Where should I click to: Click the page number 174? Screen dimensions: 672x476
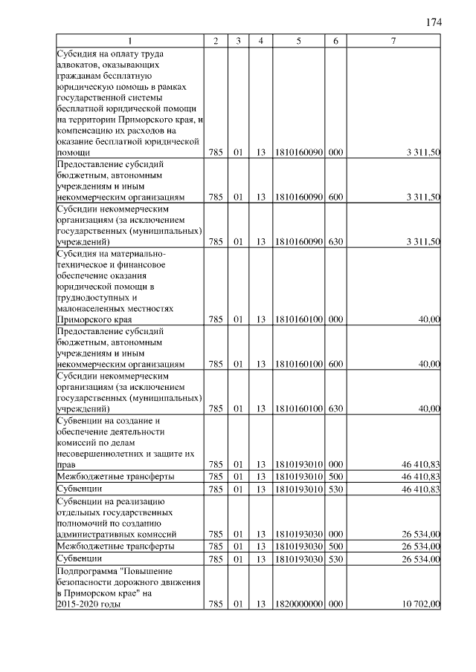[x=434, y=22]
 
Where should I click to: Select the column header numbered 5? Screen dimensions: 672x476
[x=297, y=42]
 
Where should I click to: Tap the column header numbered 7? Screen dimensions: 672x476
[x=393, y=42]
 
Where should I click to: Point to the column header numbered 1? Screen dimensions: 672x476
[x=129, y=42]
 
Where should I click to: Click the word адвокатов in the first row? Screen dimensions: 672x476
[x=77, y=65]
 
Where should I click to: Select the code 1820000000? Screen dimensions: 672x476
[x=297, y=605]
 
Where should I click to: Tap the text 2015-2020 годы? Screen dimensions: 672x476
[x=88, y=605]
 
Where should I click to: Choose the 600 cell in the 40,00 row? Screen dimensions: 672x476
[x=335, y=364]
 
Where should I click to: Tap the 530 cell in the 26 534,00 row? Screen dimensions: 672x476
[x=335, y=558]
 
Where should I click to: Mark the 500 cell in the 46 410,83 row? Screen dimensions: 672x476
[x=335, y=476]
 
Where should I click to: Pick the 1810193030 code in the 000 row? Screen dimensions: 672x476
[x=297, y=533]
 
